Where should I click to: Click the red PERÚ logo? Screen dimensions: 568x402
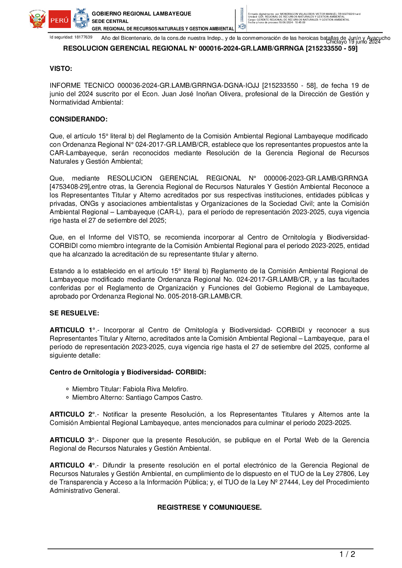tap(59, 20)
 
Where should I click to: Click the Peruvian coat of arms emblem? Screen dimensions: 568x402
tap(37, 20)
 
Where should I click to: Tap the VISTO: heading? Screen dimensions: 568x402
tap(61, 69)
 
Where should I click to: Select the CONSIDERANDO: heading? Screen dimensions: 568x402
tap(78, 119)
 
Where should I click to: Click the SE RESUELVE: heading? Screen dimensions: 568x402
tap(74, 313)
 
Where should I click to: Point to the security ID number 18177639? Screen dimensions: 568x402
tap(83, 37)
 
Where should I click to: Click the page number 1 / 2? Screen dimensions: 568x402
tap(347, 554)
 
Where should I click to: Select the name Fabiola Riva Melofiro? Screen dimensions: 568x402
tap(155, 389)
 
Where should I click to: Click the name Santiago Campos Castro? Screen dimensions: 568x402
tap(164, 398)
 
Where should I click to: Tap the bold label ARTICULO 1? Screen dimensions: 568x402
tap(71, 330)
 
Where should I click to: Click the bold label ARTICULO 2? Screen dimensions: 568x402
tap(71, 415)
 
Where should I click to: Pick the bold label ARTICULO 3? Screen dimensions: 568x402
tap(71, 440)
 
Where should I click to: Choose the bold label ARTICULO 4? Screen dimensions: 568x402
tap(71, 465)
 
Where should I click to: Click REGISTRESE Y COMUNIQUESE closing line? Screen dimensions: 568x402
tap(209, 508)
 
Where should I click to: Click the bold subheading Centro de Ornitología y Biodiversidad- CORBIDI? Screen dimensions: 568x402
tap(128, 372)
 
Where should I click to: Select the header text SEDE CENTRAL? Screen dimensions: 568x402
tap(110, 21)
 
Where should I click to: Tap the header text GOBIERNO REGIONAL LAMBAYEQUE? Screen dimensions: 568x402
tap(141, 14)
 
